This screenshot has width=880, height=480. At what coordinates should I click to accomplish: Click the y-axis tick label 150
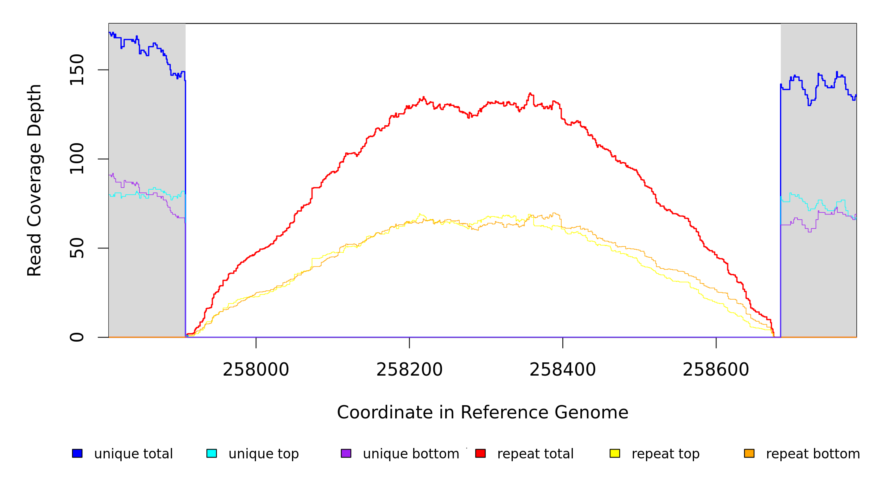coord(77,70)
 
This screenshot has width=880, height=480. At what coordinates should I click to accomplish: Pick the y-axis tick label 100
coord(77,159)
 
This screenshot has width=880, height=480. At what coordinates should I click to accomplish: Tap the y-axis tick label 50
coord(77,248)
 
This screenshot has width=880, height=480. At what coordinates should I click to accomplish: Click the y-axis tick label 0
coord(77,337)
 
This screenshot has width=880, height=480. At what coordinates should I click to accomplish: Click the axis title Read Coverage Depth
coord(34,180)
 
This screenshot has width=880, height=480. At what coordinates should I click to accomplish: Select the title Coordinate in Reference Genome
coord(482,413)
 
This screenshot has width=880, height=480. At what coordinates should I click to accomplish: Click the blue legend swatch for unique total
coord(77,454)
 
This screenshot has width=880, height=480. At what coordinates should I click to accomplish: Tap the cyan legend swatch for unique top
coord(212,454)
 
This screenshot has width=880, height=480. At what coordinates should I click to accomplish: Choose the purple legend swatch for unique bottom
coord(346,454)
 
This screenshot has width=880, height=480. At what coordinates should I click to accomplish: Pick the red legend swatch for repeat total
coord(480,454)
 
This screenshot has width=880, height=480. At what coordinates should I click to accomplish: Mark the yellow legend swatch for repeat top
coord(615,454)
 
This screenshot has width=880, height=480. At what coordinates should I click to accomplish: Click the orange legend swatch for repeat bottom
coord(749,454)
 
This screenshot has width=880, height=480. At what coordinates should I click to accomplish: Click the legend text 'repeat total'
coord(535,454)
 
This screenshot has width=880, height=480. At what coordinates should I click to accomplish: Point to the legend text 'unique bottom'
coord(411,454)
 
